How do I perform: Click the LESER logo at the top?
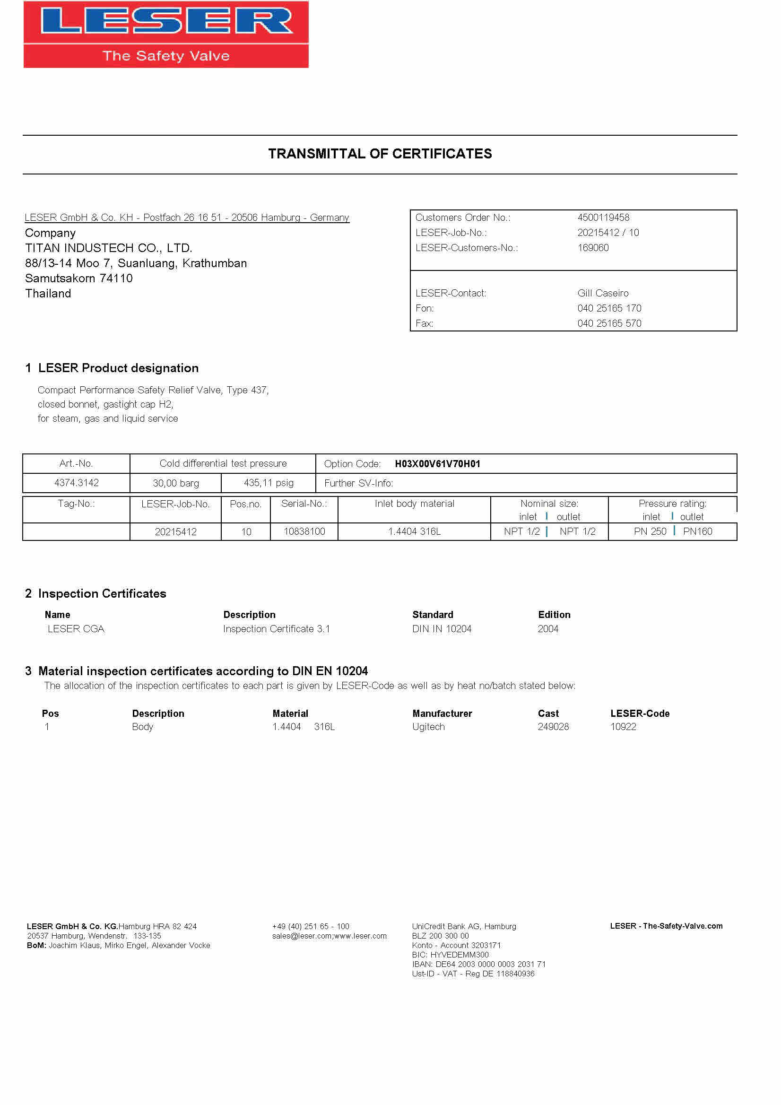[166, 34]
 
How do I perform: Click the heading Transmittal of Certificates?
[380, 154]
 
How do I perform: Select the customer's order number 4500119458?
[603, 218]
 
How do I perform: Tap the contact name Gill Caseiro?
[602, 293]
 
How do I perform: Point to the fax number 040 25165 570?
[609, 323]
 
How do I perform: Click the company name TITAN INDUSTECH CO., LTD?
[108, 248]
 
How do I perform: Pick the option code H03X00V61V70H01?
[437, 464]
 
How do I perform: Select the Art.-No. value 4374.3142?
[76, 483]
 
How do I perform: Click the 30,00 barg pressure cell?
[176, 483]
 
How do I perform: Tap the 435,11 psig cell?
[269, 483]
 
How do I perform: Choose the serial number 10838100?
[304, 531]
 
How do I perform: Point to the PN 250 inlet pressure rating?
[650, 531]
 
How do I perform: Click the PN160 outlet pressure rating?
[697, 531]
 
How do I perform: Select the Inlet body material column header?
[414, 504]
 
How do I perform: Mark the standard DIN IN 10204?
[442, 629]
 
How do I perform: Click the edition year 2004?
[547, 629]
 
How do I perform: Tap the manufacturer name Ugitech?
[428, 727]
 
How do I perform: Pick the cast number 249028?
[553, 727]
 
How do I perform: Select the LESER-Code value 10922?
[623, 727]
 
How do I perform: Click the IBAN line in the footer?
[478, 964]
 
